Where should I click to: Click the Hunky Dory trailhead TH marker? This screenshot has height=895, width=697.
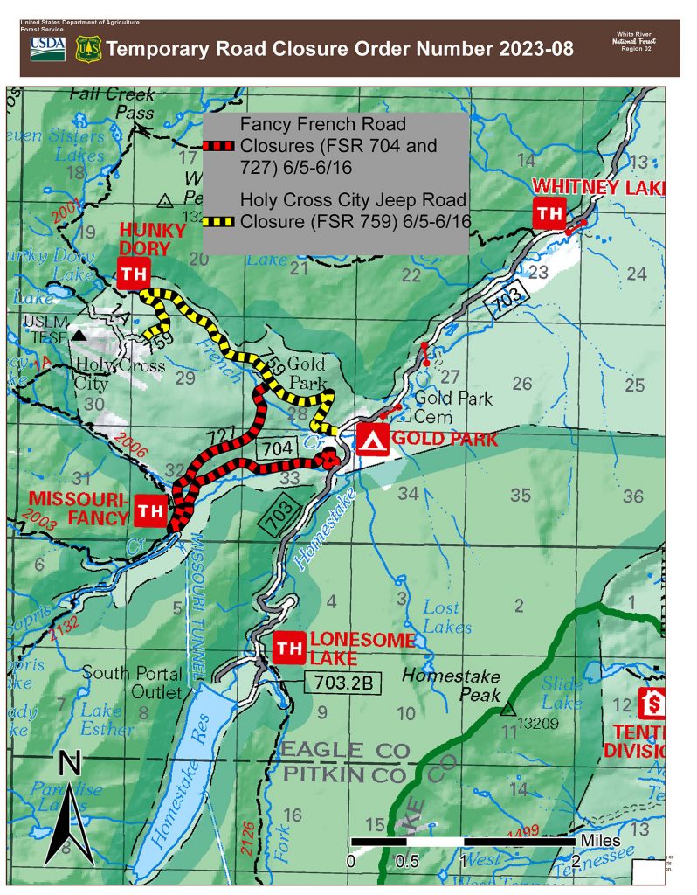coord(133,274)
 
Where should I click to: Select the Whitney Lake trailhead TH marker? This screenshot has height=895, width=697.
coord(549,213)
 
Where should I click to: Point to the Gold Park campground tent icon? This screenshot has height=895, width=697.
coord(373,440)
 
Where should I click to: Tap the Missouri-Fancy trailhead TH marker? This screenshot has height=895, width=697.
coord(150,510)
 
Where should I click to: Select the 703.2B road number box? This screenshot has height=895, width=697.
coord(343,683)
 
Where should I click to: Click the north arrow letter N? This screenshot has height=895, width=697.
coord(70,766)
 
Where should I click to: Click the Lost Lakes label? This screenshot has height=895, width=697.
coord(447,617)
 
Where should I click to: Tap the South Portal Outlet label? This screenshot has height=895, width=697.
coord(134,683)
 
